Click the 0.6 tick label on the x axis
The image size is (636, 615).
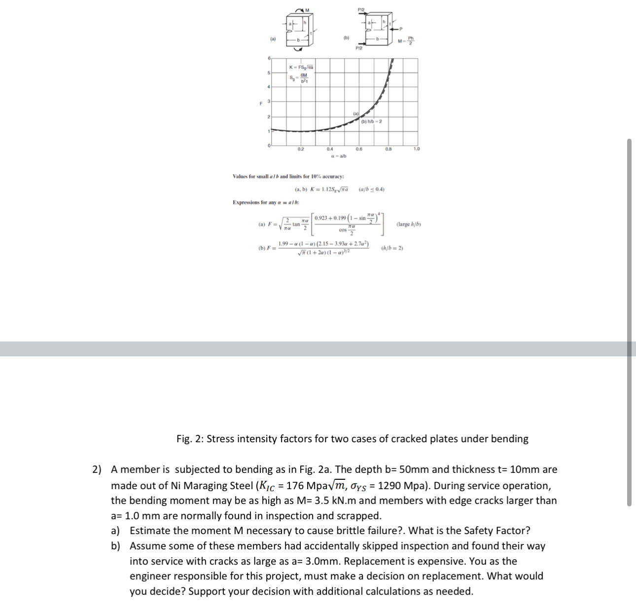[x=359, y=149]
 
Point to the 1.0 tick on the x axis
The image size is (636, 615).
[x=417, y=149]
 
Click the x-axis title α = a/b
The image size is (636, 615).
[x=339, y=156]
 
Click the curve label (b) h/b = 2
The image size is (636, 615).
[x=372, y=121]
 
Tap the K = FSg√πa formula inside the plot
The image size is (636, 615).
[x=301, y=67]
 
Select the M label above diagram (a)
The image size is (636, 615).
[x=307, y=9]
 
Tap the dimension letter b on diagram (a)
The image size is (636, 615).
[x=298, y=39]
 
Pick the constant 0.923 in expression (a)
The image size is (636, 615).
[x=323, y=218]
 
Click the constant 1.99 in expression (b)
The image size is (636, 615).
[x=283, y=244]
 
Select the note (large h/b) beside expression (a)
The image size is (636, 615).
[x=409, y=224]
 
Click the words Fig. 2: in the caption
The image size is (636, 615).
[x=190, y=439]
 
